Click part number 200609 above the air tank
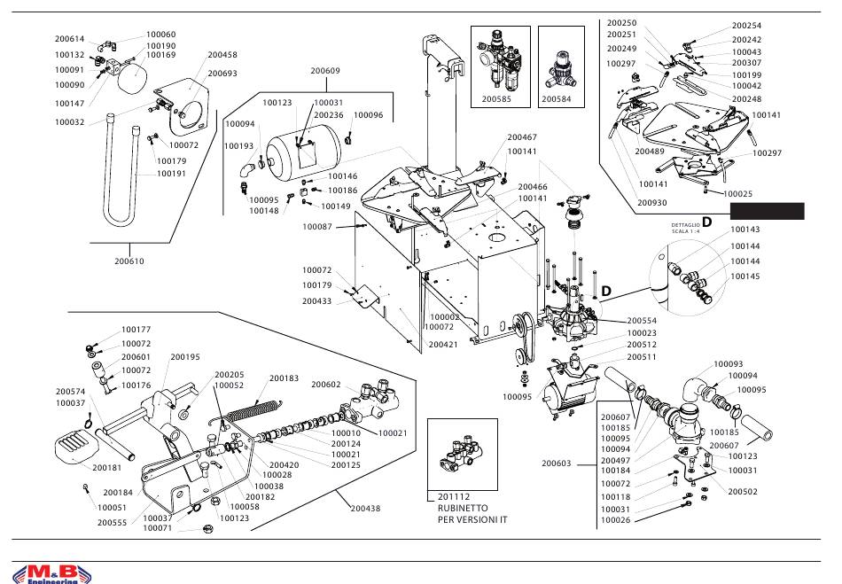tap(325, 70)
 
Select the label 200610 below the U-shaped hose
tap(129, 261)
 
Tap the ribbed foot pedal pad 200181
tap(74, 445)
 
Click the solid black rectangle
tap(766, 211)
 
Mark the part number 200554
tap(642, 320)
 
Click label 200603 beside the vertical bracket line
tap(557, 462)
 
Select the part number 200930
tap(653, 203)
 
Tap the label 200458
tap(222, 55)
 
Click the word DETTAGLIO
tap(685, 226)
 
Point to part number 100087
tap(317, 227)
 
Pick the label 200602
tap(326, 385)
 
